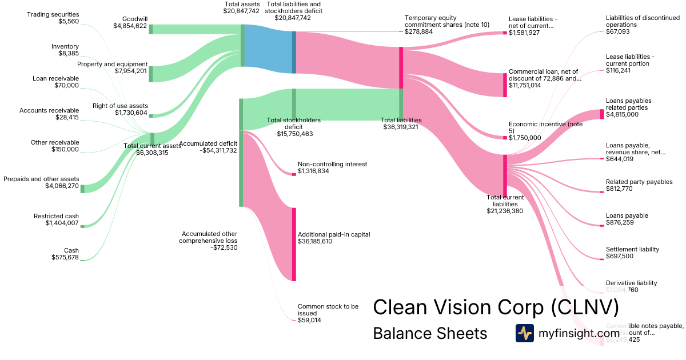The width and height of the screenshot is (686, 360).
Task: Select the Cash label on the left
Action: tap(71, 250)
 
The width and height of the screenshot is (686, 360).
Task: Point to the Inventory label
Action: tap(65, 46)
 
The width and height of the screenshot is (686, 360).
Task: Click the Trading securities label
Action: tap(53, 14)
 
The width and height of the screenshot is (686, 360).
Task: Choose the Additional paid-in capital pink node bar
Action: tap(294, 244)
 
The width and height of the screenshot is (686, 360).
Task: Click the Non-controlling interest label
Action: tap(332, 164)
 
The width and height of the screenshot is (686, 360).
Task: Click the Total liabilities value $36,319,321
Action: tap(401, 127)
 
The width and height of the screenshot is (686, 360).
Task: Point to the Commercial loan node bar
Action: tap(505, 85)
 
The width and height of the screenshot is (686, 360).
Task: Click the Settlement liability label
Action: tap(632, 249)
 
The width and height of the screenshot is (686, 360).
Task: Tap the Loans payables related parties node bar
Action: tap(602, 114)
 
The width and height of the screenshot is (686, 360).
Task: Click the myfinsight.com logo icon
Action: tap(524, 333)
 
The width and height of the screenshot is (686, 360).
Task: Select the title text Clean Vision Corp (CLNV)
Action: tap(496, 307)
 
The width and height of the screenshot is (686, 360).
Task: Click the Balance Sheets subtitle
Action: tap(430, 333)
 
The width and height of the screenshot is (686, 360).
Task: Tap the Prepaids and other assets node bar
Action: tap(82, 189)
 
